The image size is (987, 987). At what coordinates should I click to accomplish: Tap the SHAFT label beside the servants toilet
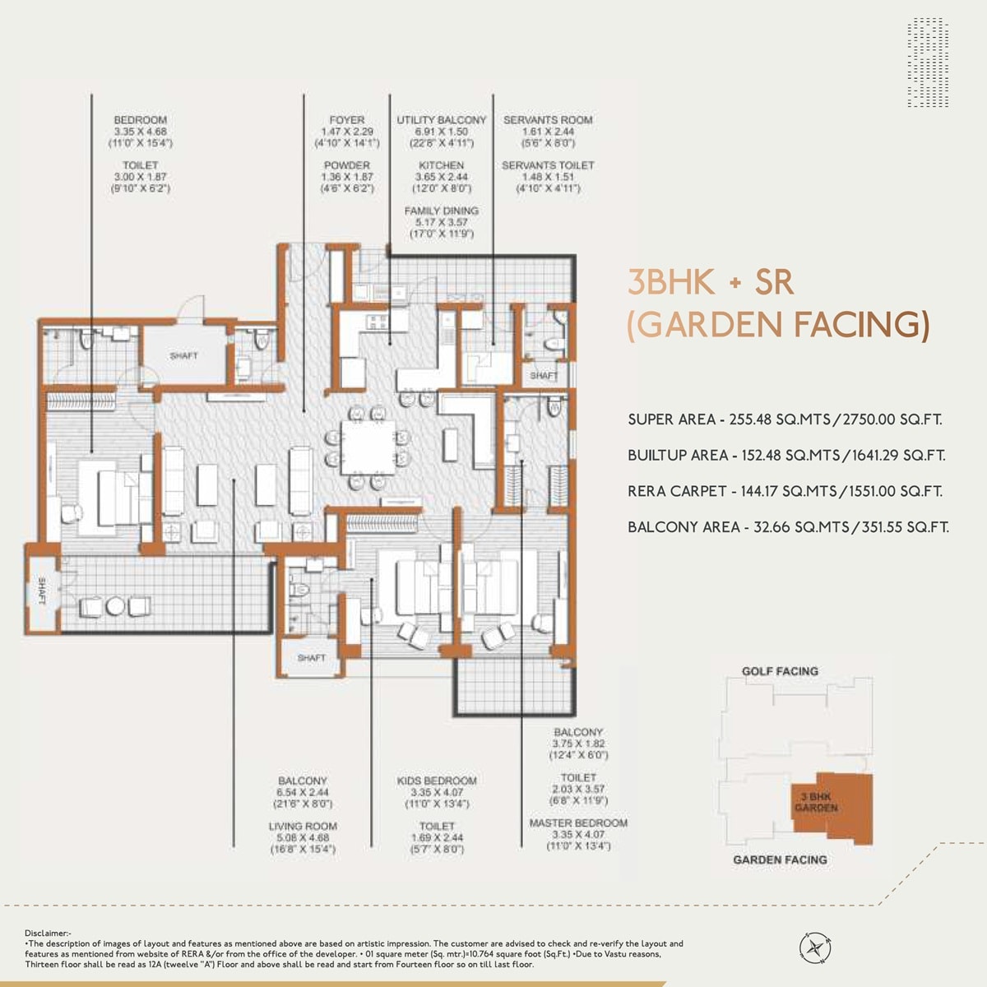tap(544, 375)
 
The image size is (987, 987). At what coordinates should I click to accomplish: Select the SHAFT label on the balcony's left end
tap(41, 591)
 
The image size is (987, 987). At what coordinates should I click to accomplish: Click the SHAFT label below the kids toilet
tap(312, 658)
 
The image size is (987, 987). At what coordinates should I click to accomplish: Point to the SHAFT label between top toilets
tap(183, 356)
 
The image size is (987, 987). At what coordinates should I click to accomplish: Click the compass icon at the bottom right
tap(815, 947)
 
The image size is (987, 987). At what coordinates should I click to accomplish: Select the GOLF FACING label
tap(780, 671)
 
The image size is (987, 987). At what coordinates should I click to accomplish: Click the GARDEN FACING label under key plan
tap(780, 860)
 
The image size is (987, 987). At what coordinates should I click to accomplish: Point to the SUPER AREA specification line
tap(785, 419)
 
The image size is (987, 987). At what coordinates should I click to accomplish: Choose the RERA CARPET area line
tap(785, 491)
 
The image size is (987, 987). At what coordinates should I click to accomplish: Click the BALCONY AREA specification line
tap(788, 527)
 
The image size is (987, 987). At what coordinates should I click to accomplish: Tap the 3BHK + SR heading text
tap(711, 283)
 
